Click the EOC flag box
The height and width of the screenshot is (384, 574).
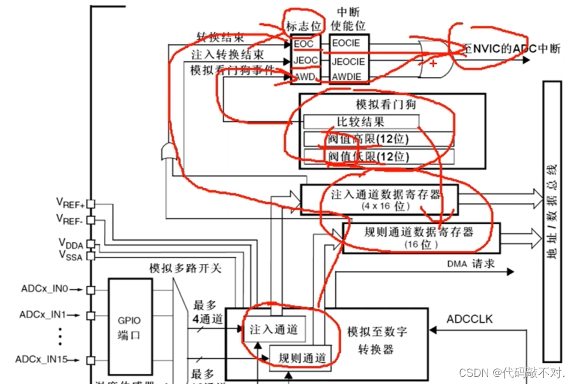[303, 43]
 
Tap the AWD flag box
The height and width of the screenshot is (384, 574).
[303, 76]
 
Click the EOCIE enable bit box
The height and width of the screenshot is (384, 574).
[347, 43]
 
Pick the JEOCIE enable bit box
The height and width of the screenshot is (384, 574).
[348, 61]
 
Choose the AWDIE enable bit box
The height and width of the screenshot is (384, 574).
[347, 76]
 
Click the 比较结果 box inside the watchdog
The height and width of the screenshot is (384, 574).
[360, 122]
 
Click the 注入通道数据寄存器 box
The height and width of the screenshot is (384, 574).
[378, 199]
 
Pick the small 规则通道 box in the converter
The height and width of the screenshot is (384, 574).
[298, 358]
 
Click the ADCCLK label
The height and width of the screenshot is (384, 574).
[469, 319]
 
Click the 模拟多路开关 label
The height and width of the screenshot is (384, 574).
[185, 268]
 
